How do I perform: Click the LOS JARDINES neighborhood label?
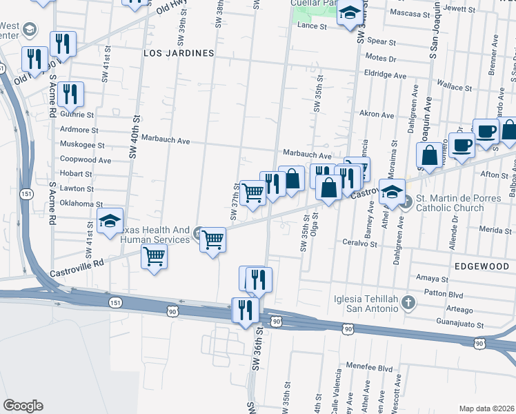179,52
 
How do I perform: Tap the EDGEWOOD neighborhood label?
482,265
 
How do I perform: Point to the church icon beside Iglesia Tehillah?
408,303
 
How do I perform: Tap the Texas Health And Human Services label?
156,235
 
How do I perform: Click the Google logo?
23,406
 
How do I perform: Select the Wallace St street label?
454,88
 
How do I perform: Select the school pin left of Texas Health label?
110,221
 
